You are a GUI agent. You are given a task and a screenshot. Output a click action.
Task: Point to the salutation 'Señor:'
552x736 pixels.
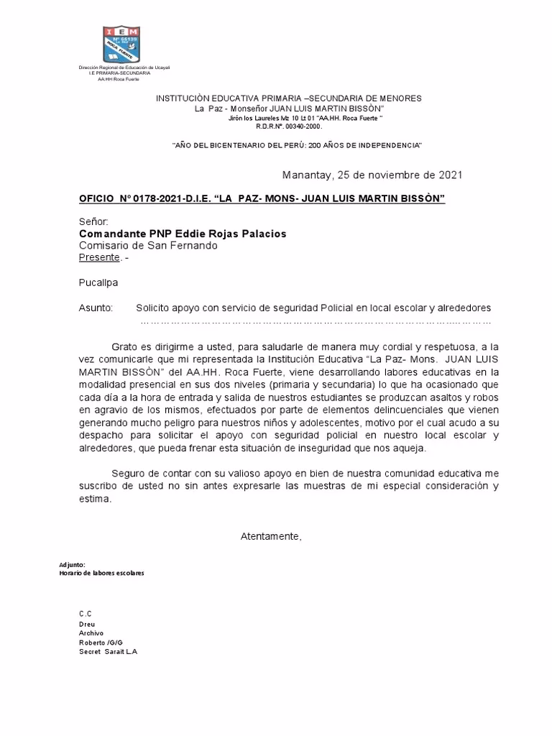coord(93,222)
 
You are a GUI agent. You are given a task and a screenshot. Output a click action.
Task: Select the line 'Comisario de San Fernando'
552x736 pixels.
coord(148,245)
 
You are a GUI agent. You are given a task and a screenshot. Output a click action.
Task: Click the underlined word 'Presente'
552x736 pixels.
coord(99,257)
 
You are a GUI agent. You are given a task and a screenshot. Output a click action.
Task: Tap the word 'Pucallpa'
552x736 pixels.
coord(98,282)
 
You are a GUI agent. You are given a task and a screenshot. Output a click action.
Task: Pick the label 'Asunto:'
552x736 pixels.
coord(96,308)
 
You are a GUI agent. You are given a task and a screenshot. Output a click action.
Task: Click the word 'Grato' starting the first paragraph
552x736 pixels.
coord(126,345)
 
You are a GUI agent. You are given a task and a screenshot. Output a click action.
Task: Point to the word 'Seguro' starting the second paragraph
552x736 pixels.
coord(129,473)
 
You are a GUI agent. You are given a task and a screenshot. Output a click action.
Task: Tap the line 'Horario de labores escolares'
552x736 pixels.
coord(101,573)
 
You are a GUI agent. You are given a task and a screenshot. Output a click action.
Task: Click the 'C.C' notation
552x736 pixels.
coord(86,613)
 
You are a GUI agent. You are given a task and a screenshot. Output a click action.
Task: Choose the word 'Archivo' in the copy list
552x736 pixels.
coord(91,632)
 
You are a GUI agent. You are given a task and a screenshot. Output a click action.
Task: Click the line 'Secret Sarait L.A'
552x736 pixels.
coord(108,651)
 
